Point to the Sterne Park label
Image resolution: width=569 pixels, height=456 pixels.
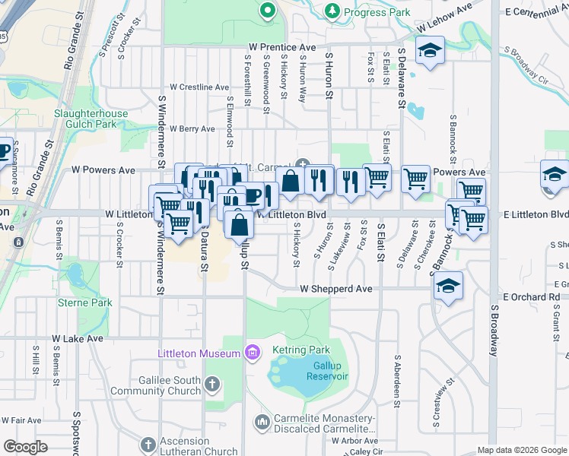pyautogui.click(x=85, y=302)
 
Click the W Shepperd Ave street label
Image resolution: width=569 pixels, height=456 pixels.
pyautogui.click(x=335, y=289)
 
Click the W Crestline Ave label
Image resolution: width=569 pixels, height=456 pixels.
pyautogui.click(x=199, y=87)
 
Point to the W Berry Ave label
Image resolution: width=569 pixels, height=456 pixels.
pyautogui.click(x=192, y=129)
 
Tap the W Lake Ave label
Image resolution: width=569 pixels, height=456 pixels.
pyautogui.click(x=77, y=338)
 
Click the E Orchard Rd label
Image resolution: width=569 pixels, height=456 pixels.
pyautogui.click(x=531, y=296)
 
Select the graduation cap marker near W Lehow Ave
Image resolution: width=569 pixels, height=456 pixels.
pyautogui.click(x=430, y=52)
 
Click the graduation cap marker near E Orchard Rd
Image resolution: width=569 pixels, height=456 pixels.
pyautogui.click(x=449, y=287)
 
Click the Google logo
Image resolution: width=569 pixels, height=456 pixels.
pyautogui.click(x=25, y=447)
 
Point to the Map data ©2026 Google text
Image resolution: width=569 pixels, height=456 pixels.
pyautogui.click(x=521, y=450)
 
